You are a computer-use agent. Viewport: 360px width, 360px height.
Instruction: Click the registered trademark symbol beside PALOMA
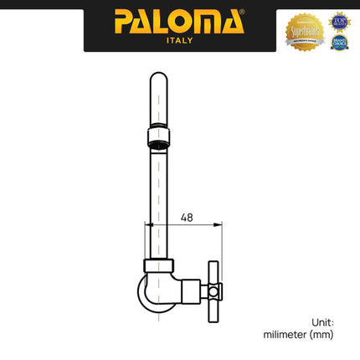click(242, 13)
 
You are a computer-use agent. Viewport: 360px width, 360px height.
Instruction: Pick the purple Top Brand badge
click(339, 21)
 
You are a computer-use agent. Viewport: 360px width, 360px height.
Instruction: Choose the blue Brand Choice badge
click(339, 41)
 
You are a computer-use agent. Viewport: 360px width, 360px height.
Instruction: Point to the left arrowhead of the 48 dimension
click(150, 224)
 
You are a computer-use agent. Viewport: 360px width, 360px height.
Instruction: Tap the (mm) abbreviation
click(321, 334)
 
